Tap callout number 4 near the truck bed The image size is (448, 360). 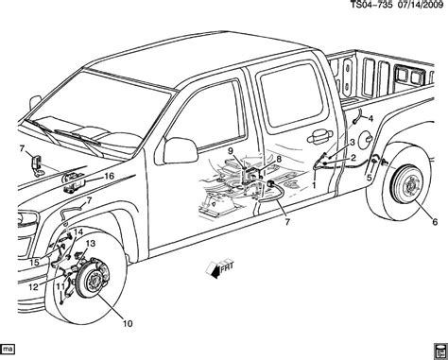[x=370, y=118]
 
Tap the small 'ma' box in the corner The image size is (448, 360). [x=10, y=351]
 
